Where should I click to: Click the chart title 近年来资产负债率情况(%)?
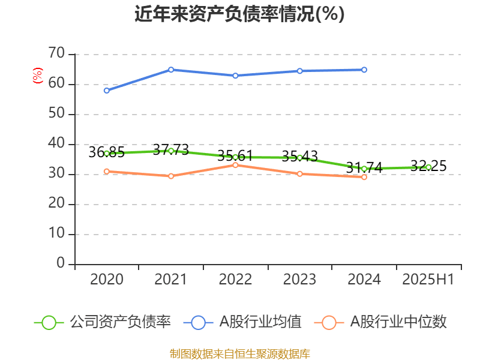[239, 14]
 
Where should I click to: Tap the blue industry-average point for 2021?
[171, 70]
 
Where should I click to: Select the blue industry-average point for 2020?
[106, 91]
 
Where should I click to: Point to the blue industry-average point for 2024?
[364, 70]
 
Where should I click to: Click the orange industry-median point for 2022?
[235, 164]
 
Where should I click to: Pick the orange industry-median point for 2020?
[106, 172]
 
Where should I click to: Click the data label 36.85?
[106, 152]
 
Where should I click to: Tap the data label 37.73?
[171, 149]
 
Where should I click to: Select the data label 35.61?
[235, 156]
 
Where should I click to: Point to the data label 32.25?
[428, 166]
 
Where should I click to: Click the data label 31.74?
[364, 167]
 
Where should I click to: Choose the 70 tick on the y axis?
[57, 54]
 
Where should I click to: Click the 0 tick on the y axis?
[61, 263]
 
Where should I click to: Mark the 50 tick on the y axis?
[57, 114]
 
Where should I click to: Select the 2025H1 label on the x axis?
[428, 279]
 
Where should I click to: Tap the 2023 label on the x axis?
[299, 279]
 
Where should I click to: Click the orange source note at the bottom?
[239, 353]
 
